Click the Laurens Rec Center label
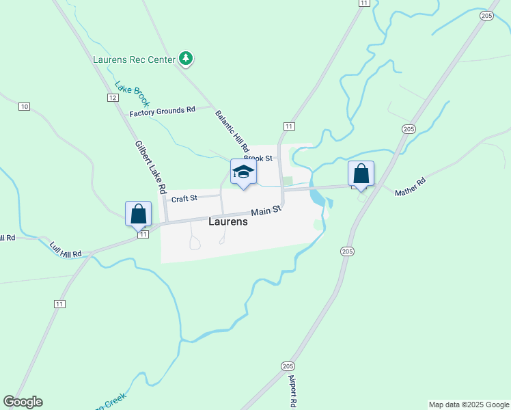[134, 59]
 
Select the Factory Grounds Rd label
[163, 110]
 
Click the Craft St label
[184, 199]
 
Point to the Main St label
[266, 212]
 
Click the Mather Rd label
[410, 187]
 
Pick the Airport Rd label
[292, 390]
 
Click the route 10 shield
[25, 106]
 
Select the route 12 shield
[113, 98]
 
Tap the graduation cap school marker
[243, 172]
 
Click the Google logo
[23, 402]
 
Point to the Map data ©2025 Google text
[468, 405]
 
